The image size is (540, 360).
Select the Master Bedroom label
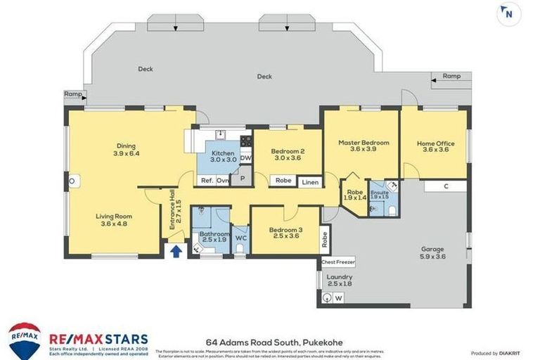pos(364,143)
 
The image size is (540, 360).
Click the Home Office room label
pos(435,143)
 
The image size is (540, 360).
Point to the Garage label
pos(433,249)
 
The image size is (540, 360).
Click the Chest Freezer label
pos(338,262)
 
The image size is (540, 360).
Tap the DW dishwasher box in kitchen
pos(245,158)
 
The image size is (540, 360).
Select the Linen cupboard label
pos(309,182)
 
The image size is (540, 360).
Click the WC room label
pos(240,238)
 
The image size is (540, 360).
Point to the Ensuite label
pos(379,192)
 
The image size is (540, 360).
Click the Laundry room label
pos(340,278)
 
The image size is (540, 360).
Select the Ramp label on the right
pos(451,76)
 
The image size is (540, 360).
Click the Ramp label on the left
pos(72,94)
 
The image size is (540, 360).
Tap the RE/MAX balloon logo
pos(25,340)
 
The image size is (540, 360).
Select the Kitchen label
pos(223,153)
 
